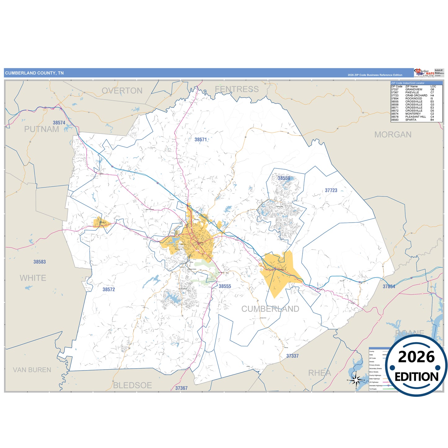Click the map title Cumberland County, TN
coord(34,73)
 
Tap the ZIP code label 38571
coord(201,140)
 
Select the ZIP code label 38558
coord(284,178)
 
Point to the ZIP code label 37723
coord(331,190)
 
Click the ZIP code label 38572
coord(109,290)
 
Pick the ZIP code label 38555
coord(225,286)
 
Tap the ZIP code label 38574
coord(59,123)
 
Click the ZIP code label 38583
coord(40,262)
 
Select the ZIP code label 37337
coord(292,356)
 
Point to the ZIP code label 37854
coord(389,287)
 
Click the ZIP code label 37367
coord(181,388)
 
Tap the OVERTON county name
coord(122,91)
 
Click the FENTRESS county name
coord(237,89)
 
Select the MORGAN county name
coord(393,135)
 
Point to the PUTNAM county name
coord(42,129)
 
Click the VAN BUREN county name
coord(32,370)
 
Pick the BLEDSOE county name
coord(132,385)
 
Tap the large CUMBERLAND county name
coord(270,309)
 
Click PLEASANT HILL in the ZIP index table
coord(415,117)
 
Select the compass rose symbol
coord(356,380)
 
